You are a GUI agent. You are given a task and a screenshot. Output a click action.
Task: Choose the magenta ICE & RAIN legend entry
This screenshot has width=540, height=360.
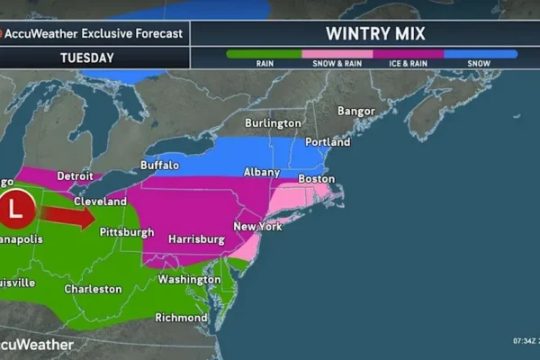408,55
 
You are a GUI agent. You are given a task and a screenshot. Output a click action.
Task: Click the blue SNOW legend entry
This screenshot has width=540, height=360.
481,55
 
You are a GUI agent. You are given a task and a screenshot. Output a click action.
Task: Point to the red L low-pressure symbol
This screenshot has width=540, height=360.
17,207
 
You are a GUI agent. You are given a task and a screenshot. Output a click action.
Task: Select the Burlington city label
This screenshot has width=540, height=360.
274,123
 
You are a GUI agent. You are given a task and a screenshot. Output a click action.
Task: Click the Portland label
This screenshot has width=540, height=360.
328,142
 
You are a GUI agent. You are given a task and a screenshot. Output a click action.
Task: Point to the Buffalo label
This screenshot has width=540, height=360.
159,166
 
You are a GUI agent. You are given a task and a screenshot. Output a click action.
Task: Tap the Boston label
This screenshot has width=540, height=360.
316,179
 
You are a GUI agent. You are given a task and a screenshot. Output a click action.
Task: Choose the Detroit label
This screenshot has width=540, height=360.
76,175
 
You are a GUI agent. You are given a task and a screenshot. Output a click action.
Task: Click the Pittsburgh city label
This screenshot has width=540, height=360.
126,232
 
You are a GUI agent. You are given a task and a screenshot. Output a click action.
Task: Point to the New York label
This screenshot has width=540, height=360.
257,227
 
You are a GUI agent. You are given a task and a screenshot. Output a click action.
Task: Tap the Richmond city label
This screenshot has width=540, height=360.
181,318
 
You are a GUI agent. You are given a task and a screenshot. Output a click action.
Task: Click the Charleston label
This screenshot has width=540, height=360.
93,289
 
